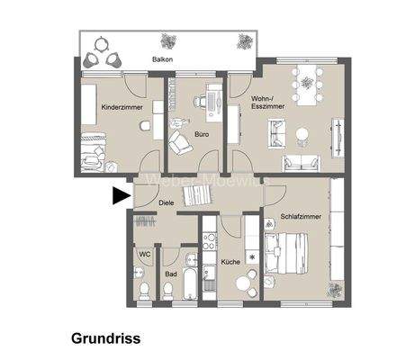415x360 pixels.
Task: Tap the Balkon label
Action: pos(163,59)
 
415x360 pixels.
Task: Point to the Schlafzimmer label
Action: pos(298,215)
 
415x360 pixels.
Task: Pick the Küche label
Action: pos(230,262)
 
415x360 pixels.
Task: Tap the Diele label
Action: pos(167,203)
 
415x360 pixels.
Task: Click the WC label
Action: pos(144,254)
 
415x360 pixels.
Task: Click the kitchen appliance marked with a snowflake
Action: pos(252,259)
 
